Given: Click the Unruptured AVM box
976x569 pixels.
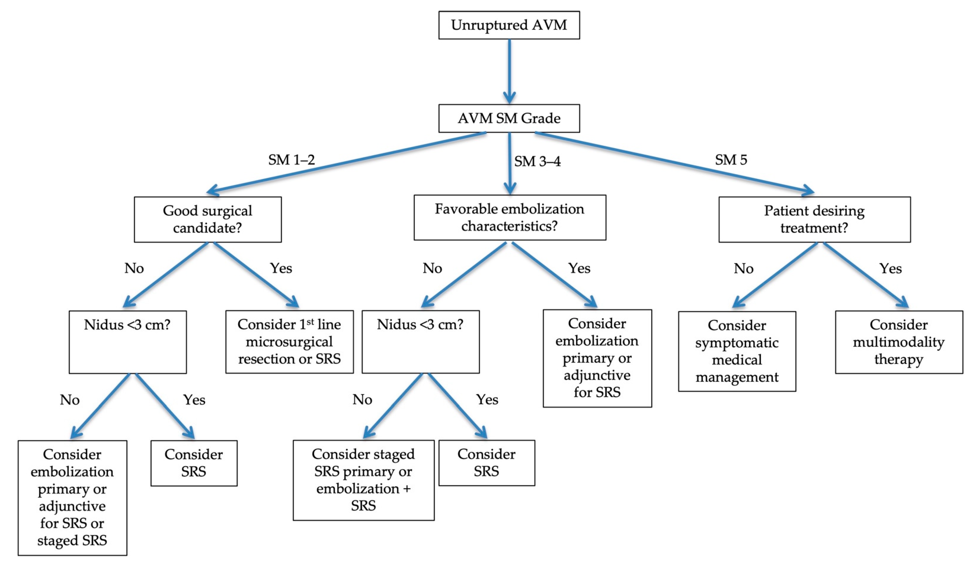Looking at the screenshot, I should (x=509, y=25).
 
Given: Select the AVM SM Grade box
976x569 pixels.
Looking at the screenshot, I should (x=509, y=118).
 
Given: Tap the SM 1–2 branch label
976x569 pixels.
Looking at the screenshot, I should (x=291, y=159).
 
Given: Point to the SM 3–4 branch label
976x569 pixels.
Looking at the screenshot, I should (x=537, y=161).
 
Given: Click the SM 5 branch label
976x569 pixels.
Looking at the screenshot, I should (x=731, y=159).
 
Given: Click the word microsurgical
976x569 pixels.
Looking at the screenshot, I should (x=289, y=341).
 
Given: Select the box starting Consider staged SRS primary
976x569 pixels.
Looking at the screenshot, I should (x=363, y=480).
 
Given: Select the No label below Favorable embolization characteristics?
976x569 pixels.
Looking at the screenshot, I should (x=432, y=268).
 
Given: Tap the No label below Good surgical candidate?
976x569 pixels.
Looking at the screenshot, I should (x=134, y=268).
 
